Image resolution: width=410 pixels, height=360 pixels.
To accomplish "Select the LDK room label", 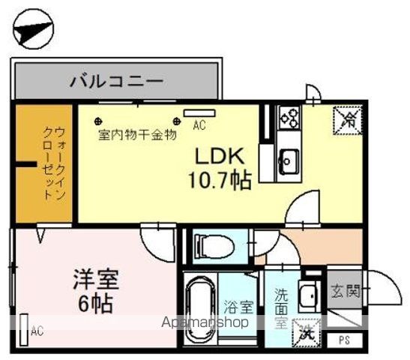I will click(x=220, y=157).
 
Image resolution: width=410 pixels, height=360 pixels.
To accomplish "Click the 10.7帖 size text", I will click(x=220, y=180).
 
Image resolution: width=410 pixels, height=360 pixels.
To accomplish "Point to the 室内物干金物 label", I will click(x=137, y=136).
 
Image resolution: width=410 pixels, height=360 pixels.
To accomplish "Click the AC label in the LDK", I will click(x=199, y=126).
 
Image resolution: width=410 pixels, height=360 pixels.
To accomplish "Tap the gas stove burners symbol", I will click(x=289, y=116).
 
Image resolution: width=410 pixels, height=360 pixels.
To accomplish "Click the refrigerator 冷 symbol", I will click(x=346, y=118).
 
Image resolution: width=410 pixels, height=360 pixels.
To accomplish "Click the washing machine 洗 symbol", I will click(x=307, y=330).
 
